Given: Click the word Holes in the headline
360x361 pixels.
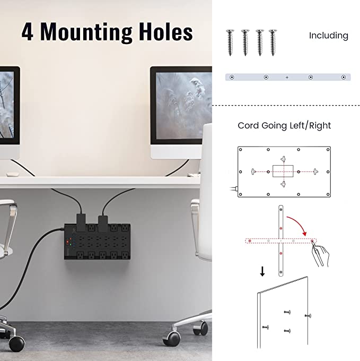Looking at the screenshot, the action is click(166, 32).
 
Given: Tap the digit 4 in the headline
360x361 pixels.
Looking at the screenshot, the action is click(28, 32).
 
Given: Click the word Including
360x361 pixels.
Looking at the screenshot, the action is click(329, 36).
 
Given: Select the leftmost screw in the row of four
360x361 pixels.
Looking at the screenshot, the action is click(230, 42).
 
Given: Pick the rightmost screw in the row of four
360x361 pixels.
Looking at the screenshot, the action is click(273, 42).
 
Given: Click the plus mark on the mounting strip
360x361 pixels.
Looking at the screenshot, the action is click(287, 78).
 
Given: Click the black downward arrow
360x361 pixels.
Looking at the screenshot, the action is click(262, 271).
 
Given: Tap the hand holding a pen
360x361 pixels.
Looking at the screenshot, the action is click(321, 255).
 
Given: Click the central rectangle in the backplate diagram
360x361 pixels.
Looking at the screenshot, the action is click(283, 171).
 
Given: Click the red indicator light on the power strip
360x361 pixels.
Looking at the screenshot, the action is click(67, 242).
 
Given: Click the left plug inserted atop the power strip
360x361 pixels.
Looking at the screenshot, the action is click(81, 222).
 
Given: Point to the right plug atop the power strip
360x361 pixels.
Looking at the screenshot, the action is click(103, 224).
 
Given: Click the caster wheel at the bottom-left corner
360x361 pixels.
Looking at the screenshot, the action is click(16, 343).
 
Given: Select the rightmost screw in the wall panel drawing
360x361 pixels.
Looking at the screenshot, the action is click(308, 316).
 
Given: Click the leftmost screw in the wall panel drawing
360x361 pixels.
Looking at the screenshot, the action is click(266, 327).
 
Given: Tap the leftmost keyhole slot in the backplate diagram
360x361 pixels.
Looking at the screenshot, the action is click(253, 171).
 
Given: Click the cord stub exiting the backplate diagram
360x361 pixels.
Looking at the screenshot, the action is click(234, 189).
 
